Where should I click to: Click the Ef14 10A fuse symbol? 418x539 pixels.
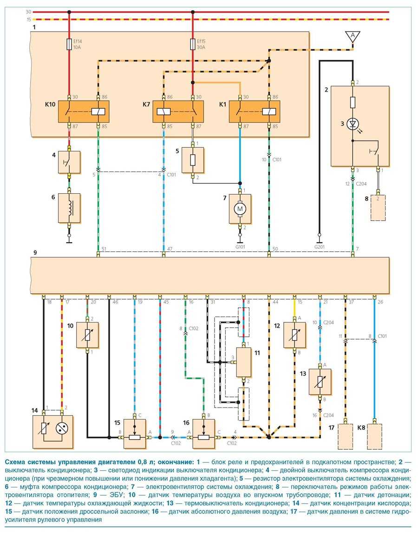point(69,44)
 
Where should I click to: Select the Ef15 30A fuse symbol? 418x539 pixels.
point(193,44)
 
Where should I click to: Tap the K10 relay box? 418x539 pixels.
point(83,112)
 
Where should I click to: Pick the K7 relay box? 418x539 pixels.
point(178,112)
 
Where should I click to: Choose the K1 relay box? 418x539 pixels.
point(255,112)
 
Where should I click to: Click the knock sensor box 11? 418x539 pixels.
point(244,362)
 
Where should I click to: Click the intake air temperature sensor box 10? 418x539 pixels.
point(87,335)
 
